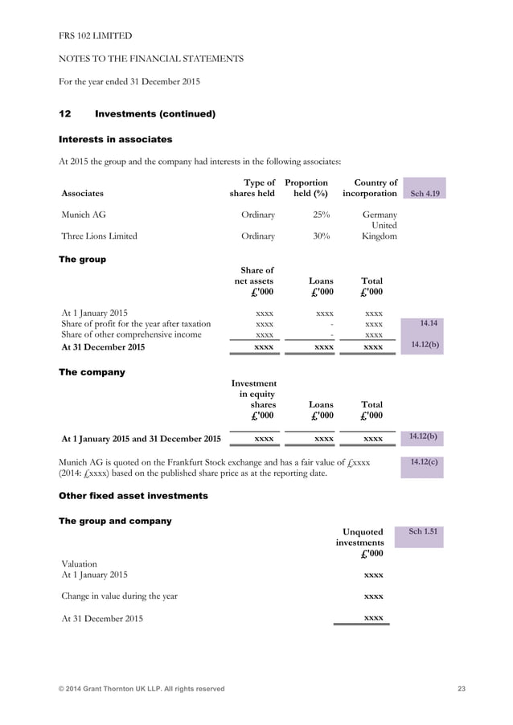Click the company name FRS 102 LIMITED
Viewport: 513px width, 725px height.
coord(96,36)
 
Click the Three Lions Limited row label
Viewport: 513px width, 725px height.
coord(99,236)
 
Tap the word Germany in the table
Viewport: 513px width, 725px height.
coord(380,215)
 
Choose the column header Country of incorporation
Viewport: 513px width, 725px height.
coord(370,188)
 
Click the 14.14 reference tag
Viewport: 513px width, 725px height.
coord(423,323)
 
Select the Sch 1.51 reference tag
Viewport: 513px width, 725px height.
coord(423,532)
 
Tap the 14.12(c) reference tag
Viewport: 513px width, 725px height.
coord(423,463)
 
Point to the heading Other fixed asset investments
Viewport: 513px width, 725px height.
coord(133,496)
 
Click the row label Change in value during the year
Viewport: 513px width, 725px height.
coord(119,596)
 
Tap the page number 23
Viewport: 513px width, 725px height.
coord(461,689)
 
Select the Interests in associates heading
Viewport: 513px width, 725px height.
coord(116,139)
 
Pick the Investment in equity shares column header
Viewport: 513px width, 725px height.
coord(254,399)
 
